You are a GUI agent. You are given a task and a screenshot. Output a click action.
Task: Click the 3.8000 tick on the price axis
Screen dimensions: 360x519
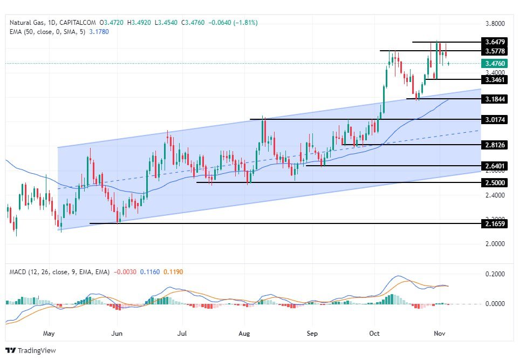pyautogui.click(x=495, y=24)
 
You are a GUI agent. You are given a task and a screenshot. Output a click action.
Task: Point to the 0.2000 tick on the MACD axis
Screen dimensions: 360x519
pyautogui.click(x=495, y=274)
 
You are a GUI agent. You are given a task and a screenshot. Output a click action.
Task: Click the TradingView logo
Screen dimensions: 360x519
pyautogui.click(x=31, y=350)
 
